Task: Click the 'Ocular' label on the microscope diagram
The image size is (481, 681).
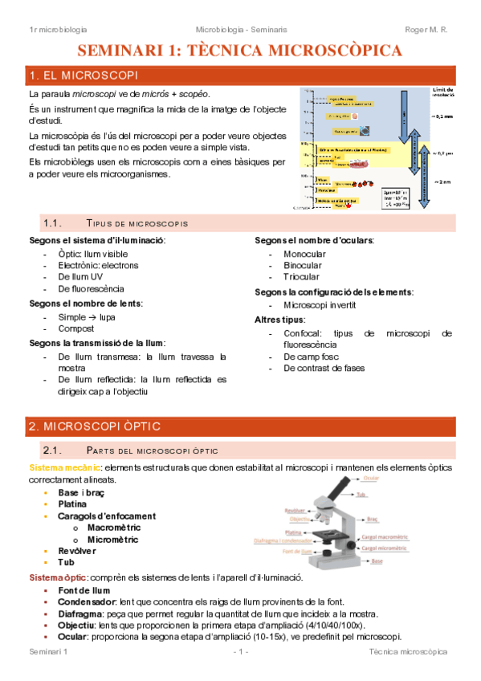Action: click(x=372, y=478)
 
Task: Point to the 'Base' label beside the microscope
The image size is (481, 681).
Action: click(x=377, y=561)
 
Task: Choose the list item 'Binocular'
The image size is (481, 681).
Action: click(x=303, y=265)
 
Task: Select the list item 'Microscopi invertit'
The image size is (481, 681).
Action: click(x=320, y=305)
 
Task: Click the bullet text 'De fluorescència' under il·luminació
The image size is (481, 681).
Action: click(x=91, y=288)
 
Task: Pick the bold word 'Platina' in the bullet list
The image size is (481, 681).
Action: click(x=72, y=504)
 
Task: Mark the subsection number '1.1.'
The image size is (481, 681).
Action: click(x=53, y=222)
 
